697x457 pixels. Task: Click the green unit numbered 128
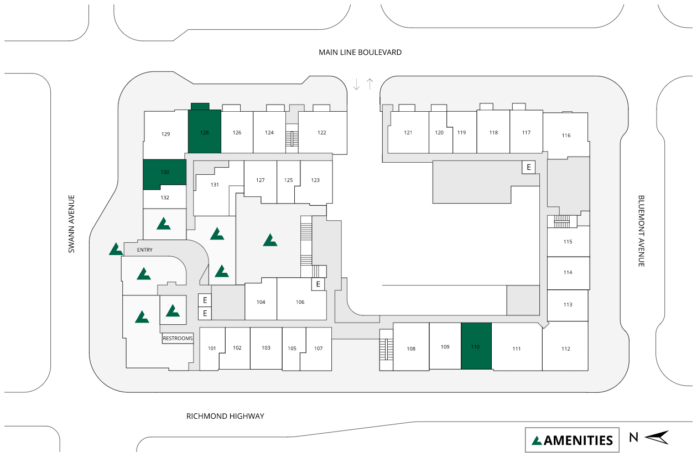tap(205, 132)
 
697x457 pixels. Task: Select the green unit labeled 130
tap(165, 174)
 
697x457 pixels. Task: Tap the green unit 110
tap(476, 346)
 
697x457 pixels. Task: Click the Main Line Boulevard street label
tap(360, 53)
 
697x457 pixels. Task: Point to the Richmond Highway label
tap(225, 416)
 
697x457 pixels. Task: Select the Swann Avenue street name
tap(71, 224)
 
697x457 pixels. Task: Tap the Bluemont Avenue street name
tap(641, 231)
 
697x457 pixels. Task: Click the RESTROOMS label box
tap(178, 338)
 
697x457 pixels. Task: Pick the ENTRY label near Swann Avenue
tap(144, 250)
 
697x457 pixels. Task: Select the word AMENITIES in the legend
tap(579, 440)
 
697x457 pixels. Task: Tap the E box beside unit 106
tap(318, 284)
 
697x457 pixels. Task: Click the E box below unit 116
tap(529, 167)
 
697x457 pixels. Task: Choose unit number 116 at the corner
tap(566, 136)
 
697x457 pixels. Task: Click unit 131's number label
tap(215, 185)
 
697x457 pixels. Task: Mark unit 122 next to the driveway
tap(322, 132)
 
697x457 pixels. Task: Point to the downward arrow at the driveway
tap(357, 84)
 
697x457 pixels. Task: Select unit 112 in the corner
tap(565, 349)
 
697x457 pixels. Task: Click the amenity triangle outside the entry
tap(116, 250)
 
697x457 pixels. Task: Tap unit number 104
tap(261, 302)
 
